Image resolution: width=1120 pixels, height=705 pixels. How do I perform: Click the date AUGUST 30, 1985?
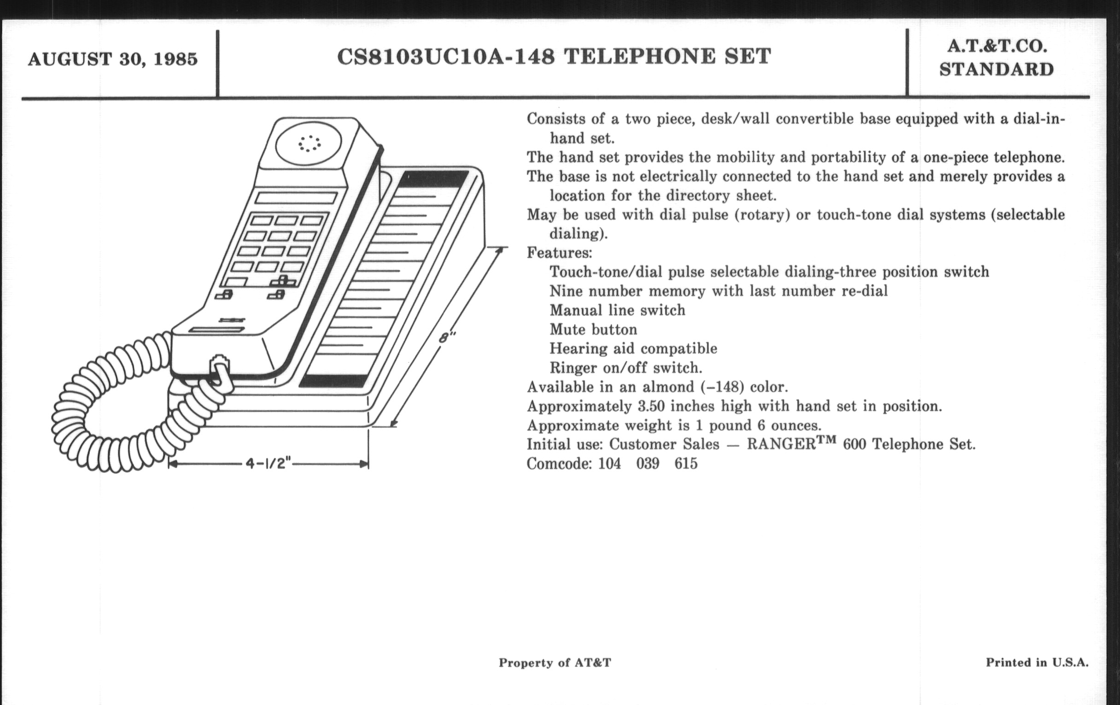(112, 59)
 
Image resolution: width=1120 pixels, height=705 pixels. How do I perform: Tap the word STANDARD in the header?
(996, 70)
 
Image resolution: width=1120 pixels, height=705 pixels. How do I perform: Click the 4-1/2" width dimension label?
(268, 464)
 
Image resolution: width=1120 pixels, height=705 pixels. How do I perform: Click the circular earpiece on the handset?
(309, 143)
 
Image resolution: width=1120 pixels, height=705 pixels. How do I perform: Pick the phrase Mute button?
(593, 329)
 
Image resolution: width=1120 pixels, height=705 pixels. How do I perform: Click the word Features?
(560, 253)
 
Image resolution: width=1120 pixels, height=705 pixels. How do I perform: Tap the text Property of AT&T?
(554, 663)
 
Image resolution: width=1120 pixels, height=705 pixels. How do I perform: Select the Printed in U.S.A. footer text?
(1037, 663)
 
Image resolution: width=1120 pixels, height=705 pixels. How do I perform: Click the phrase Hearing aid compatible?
(633, 348)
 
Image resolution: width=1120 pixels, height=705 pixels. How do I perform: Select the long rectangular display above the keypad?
(296, 198)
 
